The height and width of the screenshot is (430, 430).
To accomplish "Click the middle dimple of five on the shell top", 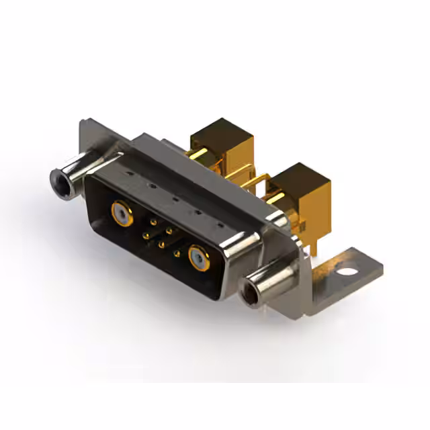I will coord(175,200).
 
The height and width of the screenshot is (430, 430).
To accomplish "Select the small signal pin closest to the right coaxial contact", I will coord(177,254).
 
